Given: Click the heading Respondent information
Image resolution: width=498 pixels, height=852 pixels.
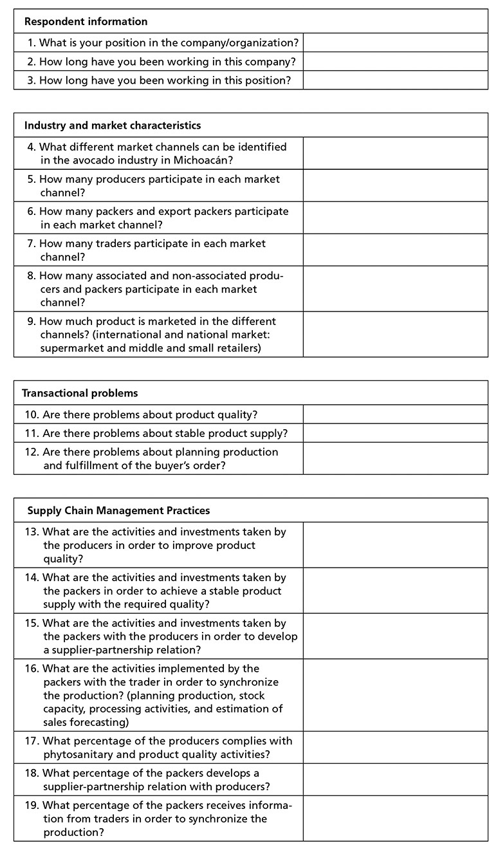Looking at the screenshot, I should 86,22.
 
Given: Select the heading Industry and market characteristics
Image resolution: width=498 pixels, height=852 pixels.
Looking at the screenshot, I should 113,125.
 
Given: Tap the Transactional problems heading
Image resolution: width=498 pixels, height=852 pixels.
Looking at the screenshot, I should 80,393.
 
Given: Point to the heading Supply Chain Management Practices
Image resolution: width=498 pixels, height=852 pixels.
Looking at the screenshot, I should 118,510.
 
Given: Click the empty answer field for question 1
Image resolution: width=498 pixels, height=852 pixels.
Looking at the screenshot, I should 395,43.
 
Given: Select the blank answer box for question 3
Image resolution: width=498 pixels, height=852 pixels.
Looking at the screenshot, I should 395,80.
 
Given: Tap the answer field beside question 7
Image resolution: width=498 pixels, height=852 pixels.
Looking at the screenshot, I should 395,250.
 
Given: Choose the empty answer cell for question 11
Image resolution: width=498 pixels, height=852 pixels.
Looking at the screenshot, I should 395,433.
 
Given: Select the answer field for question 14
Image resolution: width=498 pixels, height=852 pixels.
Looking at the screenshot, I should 395,590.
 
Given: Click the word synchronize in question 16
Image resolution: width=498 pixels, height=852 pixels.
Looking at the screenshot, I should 246,681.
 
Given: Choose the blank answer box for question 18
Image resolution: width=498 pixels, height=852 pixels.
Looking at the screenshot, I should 395,779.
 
